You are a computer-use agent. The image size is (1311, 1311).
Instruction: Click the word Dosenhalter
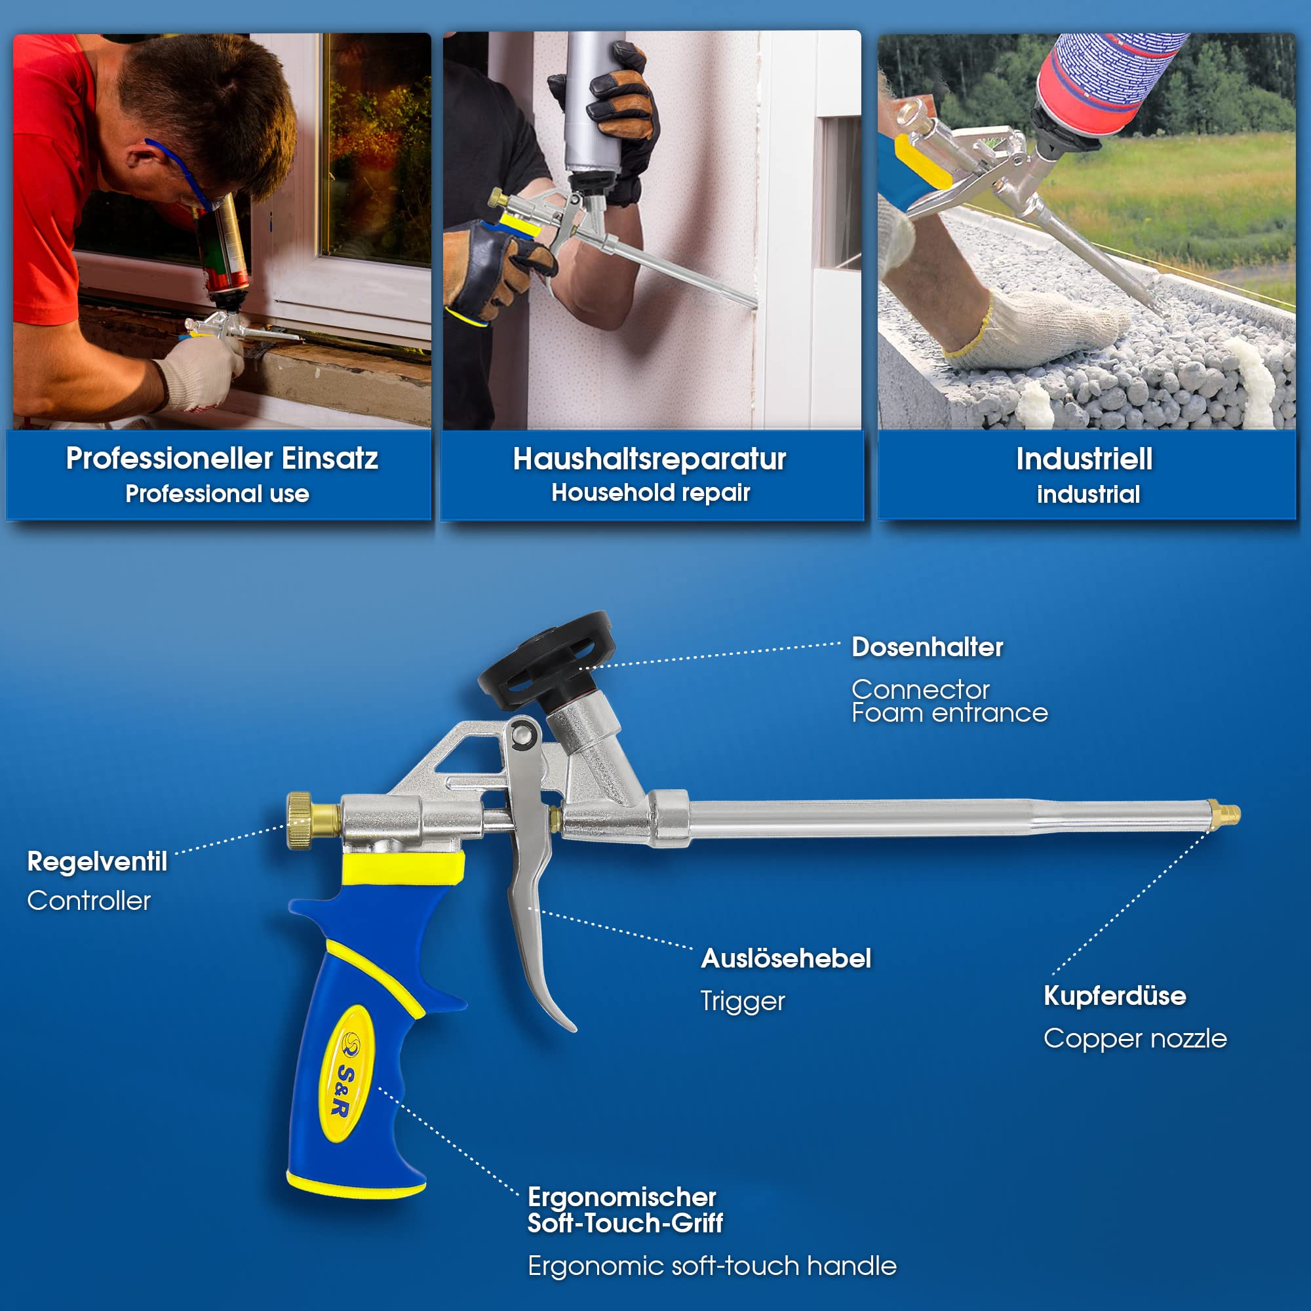[x=927, y=647]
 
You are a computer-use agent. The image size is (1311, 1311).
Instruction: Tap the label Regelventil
[x=97, y=862]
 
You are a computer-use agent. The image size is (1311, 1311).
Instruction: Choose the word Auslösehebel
[x=786, y=958]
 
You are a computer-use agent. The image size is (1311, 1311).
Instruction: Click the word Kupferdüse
[x=1115, y=996]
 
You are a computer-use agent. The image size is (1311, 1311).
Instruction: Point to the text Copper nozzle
[x=1135, y=1039]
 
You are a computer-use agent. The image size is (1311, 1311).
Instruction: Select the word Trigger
[x=743, y=1002]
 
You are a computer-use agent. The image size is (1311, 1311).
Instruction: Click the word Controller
[x=89, y=901]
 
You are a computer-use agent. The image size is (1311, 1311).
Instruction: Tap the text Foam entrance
[x=949, y=713]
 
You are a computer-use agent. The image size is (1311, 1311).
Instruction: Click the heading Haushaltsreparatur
[x=650, y=459]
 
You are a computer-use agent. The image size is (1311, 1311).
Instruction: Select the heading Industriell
[x=1084, y=459]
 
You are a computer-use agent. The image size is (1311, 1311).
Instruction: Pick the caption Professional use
[x=217, y=494]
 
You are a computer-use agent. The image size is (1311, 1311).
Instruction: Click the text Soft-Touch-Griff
[x=625, y=1223]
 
